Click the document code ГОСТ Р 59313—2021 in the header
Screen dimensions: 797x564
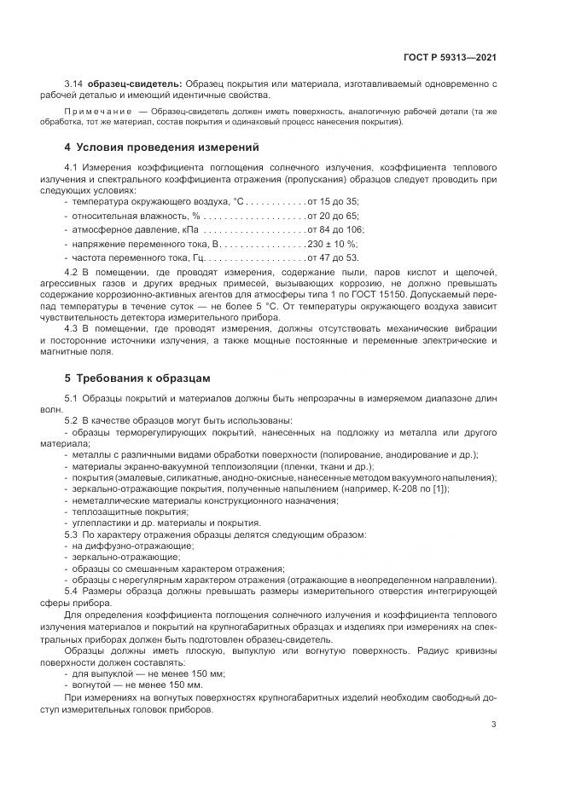pos(449,57)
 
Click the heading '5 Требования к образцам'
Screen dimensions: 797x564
pos(137,377)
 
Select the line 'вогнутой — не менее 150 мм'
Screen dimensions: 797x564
pos(137,684)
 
